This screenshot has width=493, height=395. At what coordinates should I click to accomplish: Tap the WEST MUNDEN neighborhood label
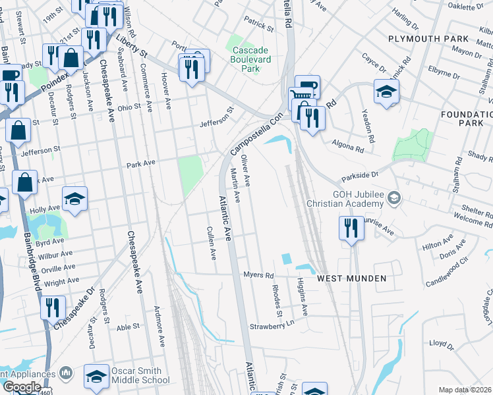click(x=351, y=278)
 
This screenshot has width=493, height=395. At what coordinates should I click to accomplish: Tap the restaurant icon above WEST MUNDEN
click(x=350, y=228)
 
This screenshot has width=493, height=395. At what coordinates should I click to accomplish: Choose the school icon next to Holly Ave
click(x=74, y=198)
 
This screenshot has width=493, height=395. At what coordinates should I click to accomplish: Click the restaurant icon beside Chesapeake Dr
click(x=52, y=307)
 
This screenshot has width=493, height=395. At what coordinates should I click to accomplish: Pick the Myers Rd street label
click(x=258, y=275)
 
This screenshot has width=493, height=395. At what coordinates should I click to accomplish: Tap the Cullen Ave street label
click(x=212, y=244)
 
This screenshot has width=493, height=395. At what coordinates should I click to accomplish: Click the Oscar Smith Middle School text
click(x=140, y=375)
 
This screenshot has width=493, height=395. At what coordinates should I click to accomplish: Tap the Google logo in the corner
click(x=22, y=386)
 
